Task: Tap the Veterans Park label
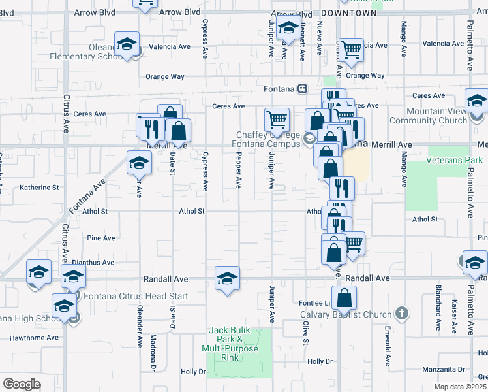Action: [455, 160]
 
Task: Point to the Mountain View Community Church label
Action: [427, 116]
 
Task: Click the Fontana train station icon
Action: [303, 88]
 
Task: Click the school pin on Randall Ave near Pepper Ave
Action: [227, 280]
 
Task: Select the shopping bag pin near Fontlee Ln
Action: [344, 299]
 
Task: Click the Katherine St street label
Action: [39, 187]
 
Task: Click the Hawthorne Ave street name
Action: [34, 338]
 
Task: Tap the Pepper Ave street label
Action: [239, 176]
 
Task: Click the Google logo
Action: [22, 384]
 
